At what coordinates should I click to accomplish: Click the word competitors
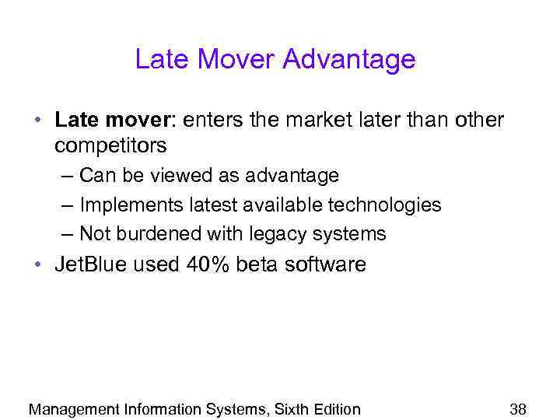coord(110,145)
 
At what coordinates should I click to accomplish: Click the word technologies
coord(384,205)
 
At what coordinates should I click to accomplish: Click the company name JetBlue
coord(90,264)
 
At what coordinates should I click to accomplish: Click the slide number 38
coord(518,409)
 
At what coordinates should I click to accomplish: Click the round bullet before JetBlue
coord(38,264)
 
